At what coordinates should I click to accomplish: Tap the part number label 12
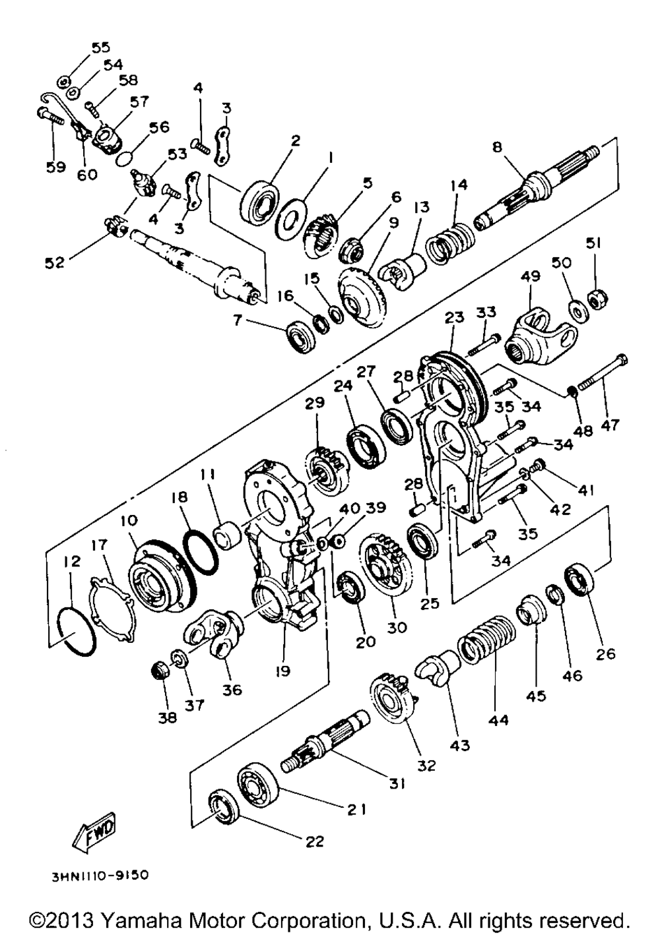click(x=72, y=561)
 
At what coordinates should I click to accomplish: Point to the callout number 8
click(x=498, y=146)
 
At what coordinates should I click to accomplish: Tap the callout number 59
click(x=55, y=167)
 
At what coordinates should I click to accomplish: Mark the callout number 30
click(x=396, y=628)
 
